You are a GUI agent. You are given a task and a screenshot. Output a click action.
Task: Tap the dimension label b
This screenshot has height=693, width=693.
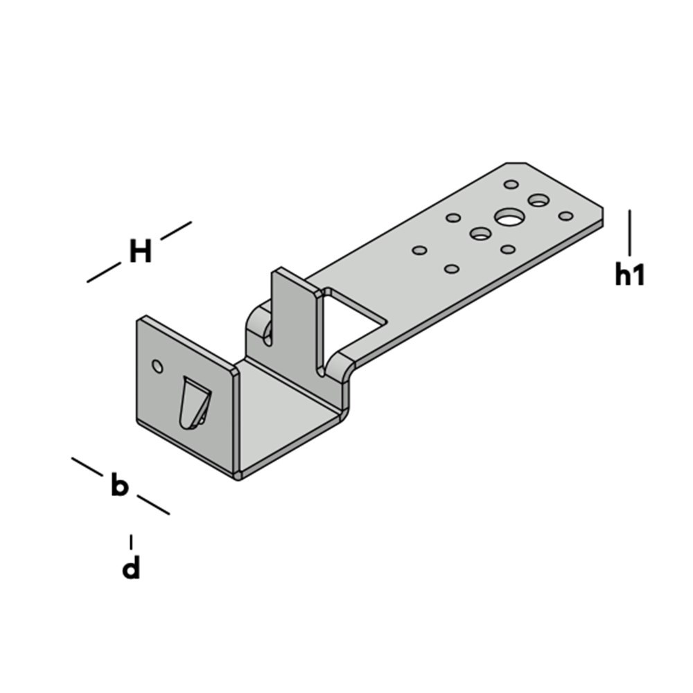120,486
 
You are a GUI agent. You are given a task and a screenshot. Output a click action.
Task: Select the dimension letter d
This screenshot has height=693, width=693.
131,568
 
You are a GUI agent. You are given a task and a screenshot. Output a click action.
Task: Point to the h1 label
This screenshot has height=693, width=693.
630,275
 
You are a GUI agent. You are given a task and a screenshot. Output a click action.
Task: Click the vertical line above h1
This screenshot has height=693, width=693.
630,233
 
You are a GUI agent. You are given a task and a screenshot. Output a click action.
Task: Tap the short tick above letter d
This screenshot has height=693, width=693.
131,541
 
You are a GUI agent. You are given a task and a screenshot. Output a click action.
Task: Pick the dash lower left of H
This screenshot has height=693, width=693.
103,272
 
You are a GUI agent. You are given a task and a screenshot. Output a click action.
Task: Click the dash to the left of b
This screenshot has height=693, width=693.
87,466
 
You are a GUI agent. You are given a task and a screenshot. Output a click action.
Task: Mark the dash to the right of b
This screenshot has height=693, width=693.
153,505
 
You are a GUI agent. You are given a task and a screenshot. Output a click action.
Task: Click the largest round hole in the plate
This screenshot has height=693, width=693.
509,218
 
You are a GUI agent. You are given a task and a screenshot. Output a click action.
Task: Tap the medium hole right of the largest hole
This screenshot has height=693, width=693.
538,201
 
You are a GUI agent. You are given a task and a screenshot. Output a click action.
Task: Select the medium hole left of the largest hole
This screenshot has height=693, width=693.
480,234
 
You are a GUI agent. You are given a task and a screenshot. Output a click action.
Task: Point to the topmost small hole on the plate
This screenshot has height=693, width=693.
511,184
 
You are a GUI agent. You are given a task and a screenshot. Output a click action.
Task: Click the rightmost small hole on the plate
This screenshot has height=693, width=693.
565,216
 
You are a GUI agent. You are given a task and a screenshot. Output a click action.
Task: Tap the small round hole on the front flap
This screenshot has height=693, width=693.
157,365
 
